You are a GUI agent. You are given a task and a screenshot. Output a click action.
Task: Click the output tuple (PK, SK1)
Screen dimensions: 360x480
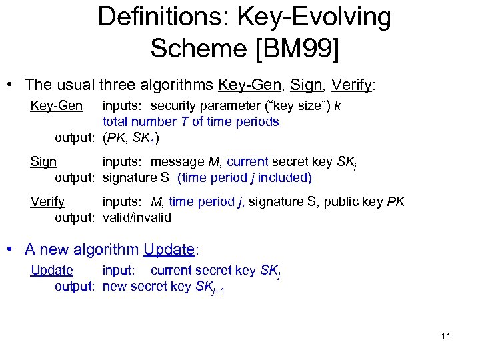pyautogui.click(x=131, y=138)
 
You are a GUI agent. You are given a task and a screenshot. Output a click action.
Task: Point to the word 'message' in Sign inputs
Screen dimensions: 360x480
pyautogui.click(x=172, y=161)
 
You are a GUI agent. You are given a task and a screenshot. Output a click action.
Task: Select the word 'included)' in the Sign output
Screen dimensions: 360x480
pyautogui.click(x=289, y=178)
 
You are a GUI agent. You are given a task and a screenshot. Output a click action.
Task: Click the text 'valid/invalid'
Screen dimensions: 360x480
pyautogui.click(x=137, y=217)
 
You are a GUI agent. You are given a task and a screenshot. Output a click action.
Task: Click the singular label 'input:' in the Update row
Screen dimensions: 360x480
pyautogui.click(x=118, y=270)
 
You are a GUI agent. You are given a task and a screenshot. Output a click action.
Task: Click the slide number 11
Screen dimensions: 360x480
pyautogui.click(x=445, y=336)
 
